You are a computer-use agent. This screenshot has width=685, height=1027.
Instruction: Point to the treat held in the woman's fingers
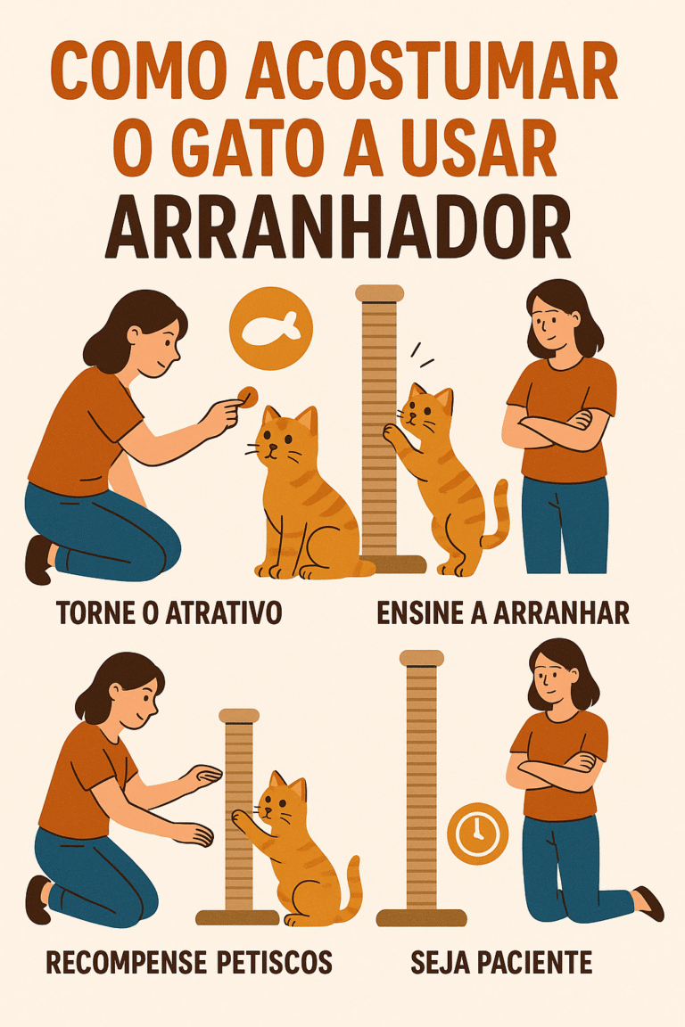tap(249, 394)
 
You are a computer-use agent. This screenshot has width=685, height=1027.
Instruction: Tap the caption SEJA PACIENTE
tap(501, 963)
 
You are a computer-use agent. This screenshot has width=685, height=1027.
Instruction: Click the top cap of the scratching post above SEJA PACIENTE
tap(421, 658)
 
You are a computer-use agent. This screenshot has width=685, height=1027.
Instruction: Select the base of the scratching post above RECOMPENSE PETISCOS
tap(237, 916)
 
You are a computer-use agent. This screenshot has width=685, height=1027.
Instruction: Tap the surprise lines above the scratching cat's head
tap(420, 355)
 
